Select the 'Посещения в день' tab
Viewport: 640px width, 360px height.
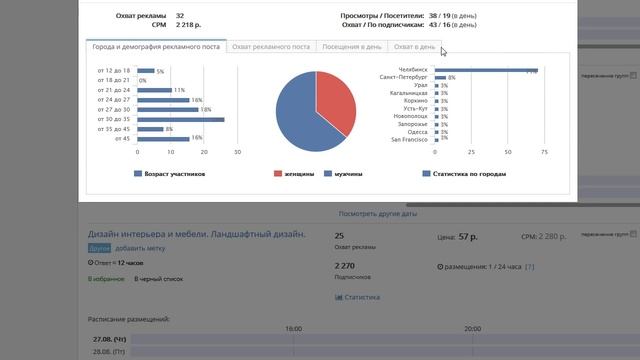pyautogui.click(x=351, y=47)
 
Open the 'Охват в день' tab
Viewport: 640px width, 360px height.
pyautogui.click(x=413, y=47)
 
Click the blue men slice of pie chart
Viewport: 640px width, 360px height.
pyautogui.click(x=298, y=115)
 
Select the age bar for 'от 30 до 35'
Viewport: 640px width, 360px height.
pyautogui.click(x=181, y=119)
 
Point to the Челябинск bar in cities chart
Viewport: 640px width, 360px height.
pyautogui.click(x=485, y=71)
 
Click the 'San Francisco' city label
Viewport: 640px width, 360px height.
pyautogui.click(x=409, y=139)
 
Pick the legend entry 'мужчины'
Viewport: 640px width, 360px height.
pyautogui.click(x=348, y=173)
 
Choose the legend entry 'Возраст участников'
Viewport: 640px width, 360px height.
pyautogui.click(x=174, y=173)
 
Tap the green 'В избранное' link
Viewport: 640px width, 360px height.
pyautogui.click(x=105, y=279)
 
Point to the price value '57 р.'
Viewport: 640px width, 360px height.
pyautogui.click(x=468, y=237)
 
